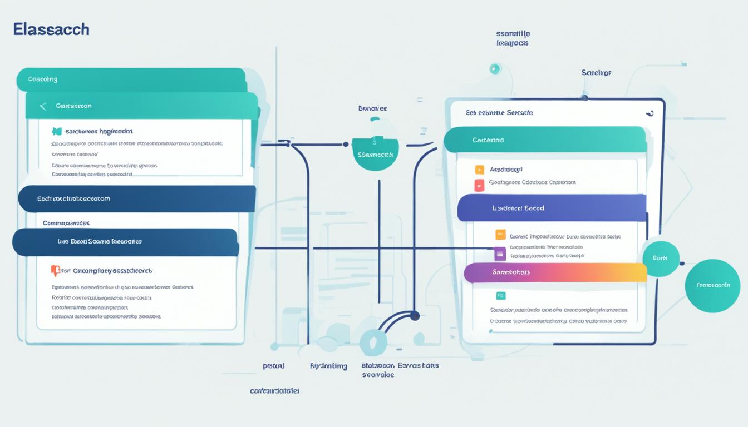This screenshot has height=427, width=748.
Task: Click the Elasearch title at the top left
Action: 51,29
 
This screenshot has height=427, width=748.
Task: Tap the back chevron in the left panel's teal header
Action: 42,106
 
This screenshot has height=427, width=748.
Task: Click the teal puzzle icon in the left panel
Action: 56,132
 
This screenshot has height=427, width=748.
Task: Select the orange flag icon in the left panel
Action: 55,270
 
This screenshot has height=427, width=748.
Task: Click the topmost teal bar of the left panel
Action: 131,79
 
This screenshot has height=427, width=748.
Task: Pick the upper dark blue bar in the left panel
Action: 136,198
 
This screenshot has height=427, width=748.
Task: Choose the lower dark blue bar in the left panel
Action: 125,242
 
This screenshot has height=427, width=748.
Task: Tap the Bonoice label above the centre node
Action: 372,108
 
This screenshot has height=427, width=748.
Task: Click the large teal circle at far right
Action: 712,285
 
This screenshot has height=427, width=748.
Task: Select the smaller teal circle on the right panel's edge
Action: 661,259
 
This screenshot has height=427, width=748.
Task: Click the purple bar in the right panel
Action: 551,208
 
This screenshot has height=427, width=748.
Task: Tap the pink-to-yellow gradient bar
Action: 555,272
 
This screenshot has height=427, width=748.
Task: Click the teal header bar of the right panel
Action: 545,140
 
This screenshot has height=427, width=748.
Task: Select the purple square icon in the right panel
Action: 500,254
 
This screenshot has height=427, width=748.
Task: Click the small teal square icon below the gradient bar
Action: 500,296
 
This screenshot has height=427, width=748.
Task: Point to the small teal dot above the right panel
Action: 494,69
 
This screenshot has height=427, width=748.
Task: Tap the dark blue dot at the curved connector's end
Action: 414,316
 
